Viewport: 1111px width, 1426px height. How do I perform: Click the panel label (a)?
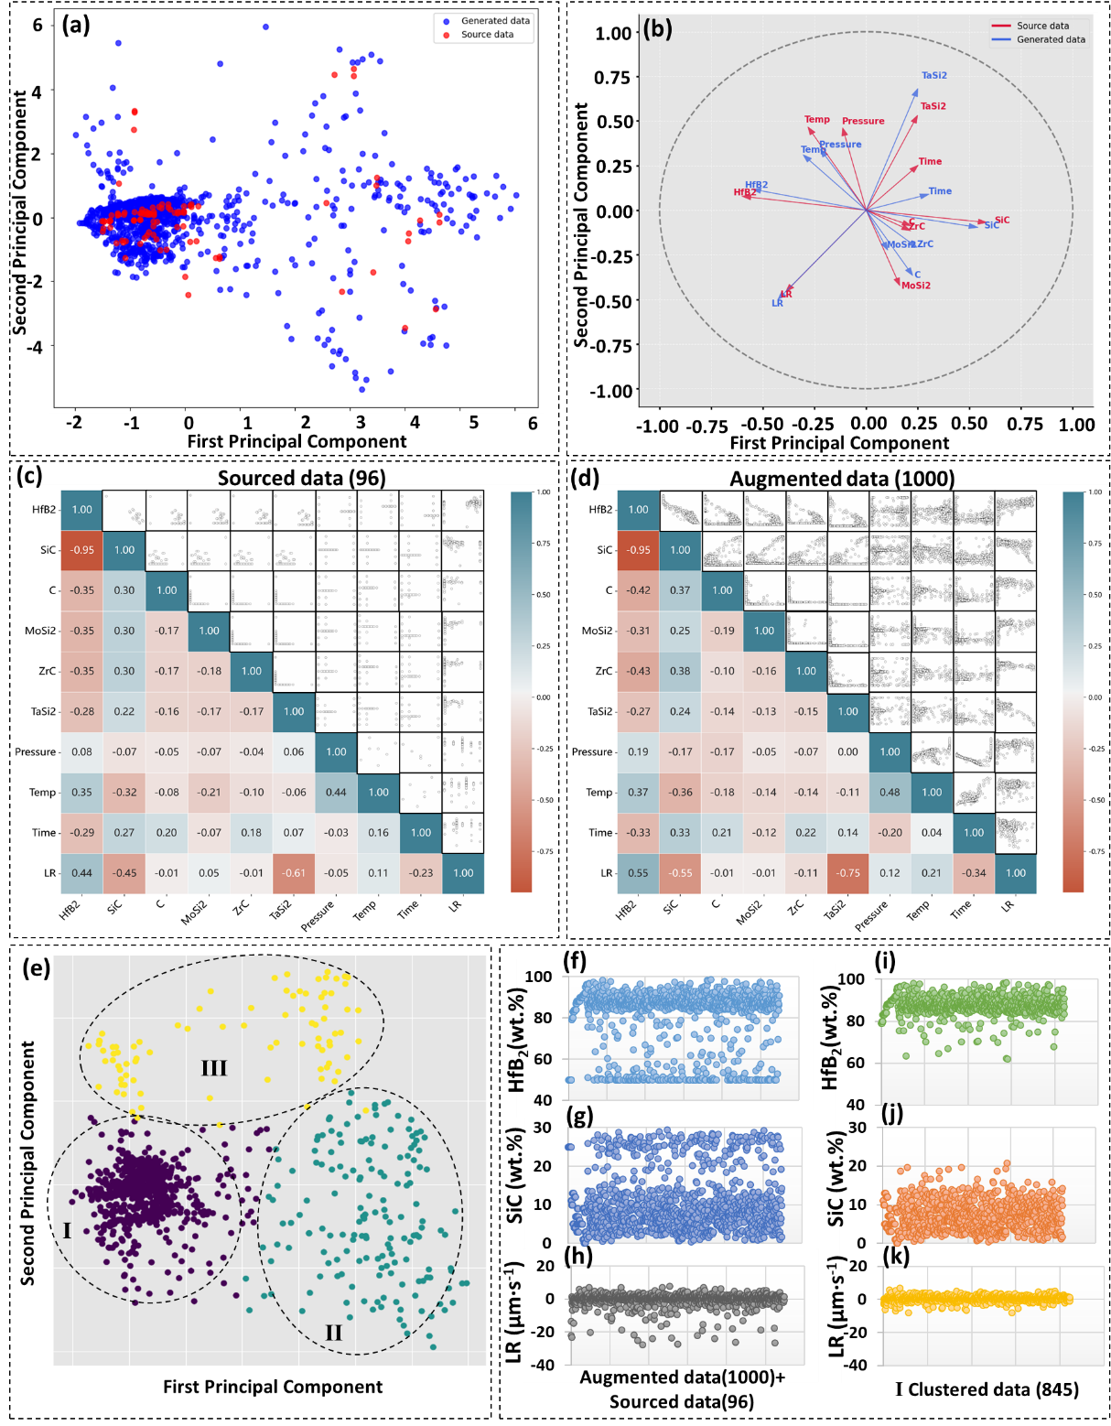coord(76,25)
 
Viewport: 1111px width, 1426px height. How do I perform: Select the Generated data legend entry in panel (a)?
coord(494,21)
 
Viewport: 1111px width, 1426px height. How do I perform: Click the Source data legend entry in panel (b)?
coord(1042,26)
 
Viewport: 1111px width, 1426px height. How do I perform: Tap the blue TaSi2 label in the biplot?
coord(934,76)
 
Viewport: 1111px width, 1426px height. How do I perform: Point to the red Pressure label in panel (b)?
coord(863,121)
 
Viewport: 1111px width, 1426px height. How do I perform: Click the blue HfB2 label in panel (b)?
coord(756,185)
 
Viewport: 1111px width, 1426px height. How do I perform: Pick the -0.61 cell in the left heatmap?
coord(294,873)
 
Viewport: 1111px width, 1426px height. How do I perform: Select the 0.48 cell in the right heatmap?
coord(890,793)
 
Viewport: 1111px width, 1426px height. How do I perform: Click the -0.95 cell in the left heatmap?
coord(82,550)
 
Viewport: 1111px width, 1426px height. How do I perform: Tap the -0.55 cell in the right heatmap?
coord(680,873)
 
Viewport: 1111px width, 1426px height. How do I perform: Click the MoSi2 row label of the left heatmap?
coord(40,631)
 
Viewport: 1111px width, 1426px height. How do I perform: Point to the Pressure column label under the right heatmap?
coord(870,916)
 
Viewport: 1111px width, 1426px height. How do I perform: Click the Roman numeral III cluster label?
coord(214,1068)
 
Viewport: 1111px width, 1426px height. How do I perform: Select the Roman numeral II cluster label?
coord(333,1333)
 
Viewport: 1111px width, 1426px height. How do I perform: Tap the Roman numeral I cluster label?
coord(67,1230)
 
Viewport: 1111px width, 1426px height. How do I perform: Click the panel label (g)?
coord(580,1116)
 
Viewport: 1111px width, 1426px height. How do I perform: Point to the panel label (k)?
coord(895,1257)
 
